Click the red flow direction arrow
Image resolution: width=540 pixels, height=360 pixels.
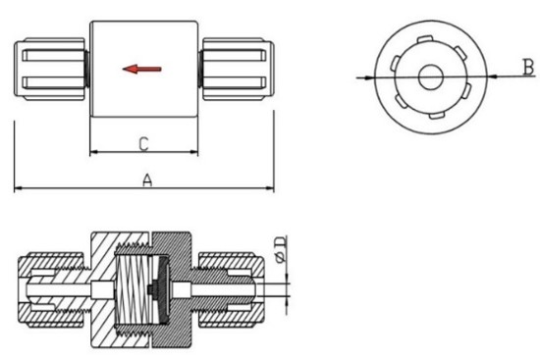point(142,69)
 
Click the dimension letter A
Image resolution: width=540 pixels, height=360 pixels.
point(147,180)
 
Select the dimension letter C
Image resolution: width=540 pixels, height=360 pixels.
point(143,144)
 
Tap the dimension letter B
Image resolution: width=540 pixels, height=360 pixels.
point(528,67)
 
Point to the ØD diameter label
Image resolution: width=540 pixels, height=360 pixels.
point(281,249)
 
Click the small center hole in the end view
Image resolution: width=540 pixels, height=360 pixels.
point(430,77)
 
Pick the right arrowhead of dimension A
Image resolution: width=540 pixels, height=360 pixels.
point(270,188)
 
